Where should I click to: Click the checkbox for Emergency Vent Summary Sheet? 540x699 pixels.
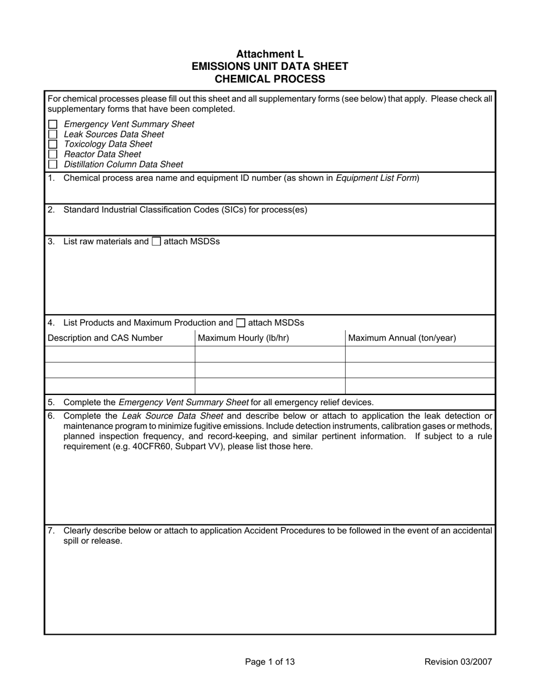tap(53, 124)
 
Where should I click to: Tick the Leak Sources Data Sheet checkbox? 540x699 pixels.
tap(53, 134)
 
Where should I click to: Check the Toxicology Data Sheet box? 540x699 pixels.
tap(53, 144)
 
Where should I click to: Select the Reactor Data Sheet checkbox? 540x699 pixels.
tap(53, 154)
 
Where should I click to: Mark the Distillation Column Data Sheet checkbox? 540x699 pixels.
tap(53, 164)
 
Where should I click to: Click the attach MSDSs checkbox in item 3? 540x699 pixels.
tap(156, 242)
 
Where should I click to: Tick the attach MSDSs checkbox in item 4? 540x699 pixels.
tap(240, 323)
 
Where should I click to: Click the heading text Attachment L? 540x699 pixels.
tap(269, 54)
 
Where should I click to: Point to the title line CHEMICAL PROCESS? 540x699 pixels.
tap(269, 79)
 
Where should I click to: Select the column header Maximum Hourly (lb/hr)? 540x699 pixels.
tap(243, 338)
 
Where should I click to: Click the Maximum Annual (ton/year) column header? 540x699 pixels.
tap(401, 338)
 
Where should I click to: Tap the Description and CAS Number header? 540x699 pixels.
tap(105, 338)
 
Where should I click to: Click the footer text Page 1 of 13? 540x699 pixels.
tap(269, 661)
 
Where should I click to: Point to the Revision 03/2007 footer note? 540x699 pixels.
tap(458, 661)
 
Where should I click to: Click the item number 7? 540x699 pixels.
tap(51, 531)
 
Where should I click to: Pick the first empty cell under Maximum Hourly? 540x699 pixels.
tap(269, 354)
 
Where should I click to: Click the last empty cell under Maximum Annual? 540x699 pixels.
tap(419, 386)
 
